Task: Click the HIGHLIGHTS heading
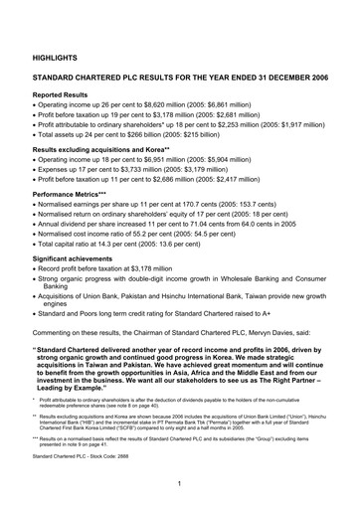click(x=56, y=60)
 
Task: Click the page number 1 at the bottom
click(x=179, y=483)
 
